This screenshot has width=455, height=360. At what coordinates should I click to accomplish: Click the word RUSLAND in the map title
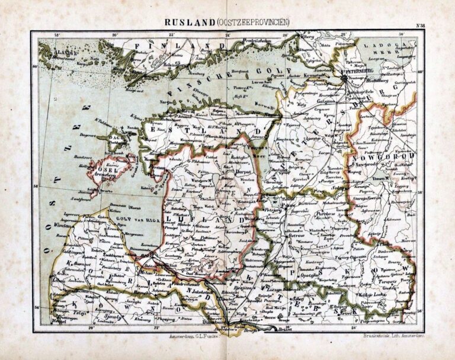tap(185, 22)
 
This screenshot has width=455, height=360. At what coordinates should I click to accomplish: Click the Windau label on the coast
tap(73, 225)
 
